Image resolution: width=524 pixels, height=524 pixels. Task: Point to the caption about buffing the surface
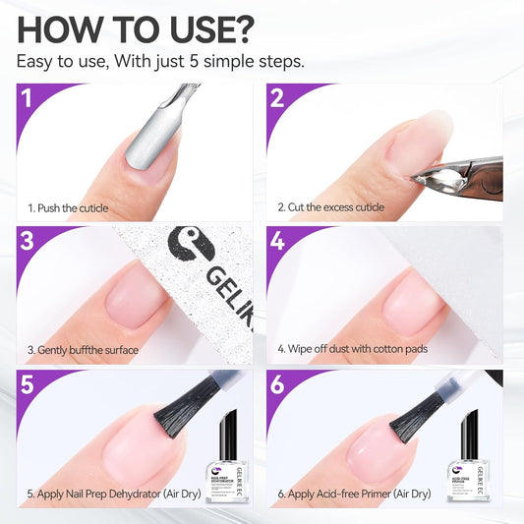(x=83, y=350)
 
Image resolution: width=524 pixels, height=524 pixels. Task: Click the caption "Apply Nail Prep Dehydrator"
(x=114, y=493)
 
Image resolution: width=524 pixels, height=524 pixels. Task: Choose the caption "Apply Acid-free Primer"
(x=359, y=493)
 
